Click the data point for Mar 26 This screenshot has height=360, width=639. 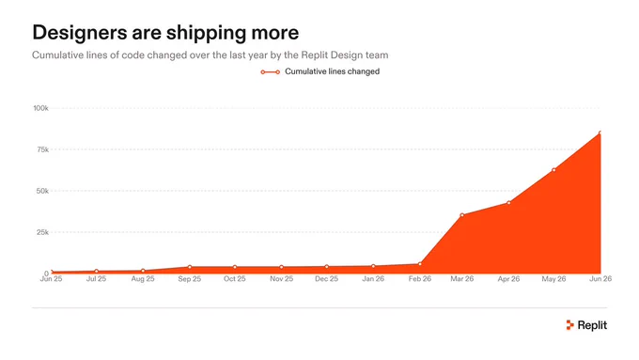pos(461,215)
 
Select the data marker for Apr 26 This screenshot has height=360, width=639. pos(508,203)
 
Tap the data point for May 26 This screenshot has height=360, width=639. pos(553,170)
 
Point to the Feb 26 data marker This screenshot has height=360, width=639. pos(420,264)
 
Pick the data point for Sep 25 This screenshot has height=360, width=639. pos(190,267)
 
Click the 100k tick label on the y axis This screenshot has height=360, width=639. pos(40,108)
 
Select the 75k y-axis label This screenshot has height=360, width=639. pos(42,149)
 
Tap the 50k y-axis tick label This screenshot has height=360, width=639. pos(42,191)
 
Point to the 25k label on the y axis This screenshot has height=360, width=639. pos(42,232)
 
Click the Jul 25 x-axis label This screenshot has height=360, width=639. pos(96,279)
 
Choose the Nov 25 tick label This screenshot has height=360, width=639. pos(282,279)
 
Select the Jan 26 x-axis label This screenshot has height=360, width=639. pos(373,279)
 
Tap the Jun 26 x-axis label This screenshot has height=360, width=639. pos(600,279)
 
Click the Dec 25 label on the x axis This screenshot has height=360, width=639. pos(327,279)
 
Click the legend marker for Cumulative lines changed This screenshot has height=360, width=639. pos(271,72)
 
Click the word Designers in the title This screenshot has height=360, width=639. pos(80,33)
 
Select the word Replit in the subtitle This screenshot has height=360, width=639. pos(315,55)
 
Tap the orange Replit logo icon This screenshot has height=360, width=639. pos(570,325)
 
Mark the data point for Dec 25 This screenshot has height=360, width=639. pos(327,267)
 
